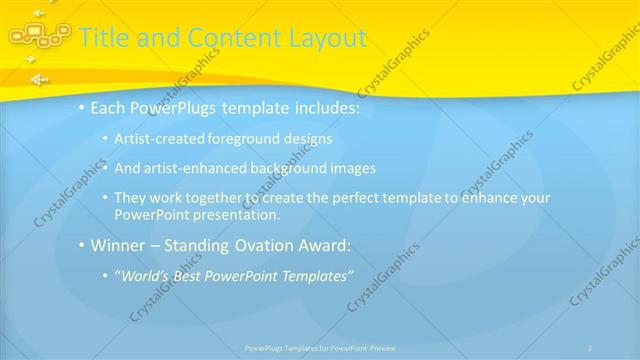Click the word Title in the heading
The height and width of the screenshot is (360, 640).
tap(102, 38)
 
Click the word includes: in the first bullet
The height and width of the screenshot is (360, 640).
tap(319, 108)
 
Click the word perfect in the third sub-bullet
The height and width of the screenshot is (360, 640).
tap(348, 198)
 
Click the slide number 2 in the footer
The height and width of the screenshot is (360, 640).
tap(590, 348)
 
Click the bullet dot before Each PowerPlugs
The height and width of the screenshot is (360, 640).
tap(81, 108)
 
